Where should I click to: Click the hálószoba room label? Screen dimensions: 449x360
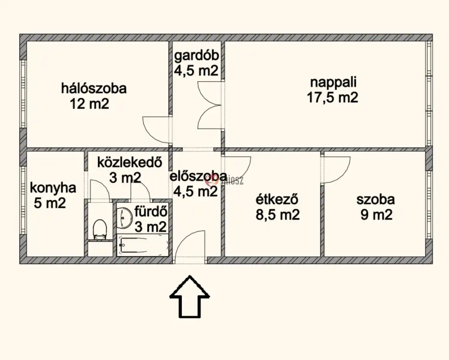[x=94, y=88]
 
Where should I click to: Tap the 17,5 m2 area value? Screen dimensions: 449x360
[x=332, y=98]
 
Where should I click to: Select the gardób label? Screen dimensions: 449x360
[x=197, y=56]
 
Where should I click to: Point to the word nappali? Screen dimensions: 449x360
[x=333, y=83]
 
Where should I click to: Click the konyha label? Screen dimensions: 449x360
[x=53, y=188]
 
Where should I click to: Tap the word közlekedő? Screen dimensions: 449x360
[x=130, y=163]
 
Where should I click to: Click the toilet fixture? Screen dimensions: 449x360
[x=100, y=229]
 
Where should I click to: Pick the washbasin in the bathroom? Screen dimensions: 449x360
[x=124, y=218]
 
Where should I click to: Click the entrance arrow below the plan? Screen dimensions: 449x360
[x=189, y=297]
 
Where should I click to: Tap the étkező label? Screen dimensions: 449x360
[x=277, y=200]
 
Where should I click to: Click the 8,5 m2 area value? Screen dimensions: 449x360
[x=277, y=215]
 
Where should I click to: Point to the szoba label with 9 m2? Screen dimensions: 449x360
[x=376, y=200]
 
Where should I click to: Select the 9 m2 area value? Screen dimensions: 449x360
[x=376, y=215]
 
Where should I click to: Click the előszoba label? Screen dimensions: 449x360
[x=198, y=176]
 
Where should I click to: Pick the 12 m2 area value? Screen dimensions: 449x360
[x=89, y=103]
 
